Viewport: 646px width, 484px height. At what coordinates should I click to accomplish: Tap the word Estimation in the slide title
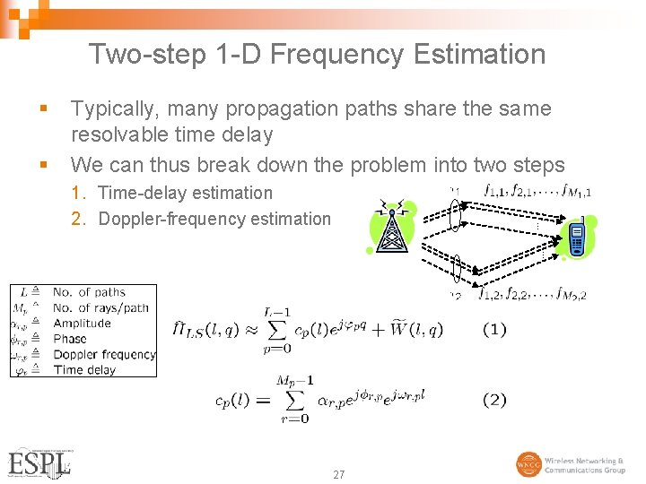479,55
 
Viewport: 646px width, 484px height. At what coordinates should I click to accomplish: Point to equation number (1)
494,330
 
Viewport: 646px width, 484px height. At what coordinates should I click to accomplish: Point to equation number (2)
494,400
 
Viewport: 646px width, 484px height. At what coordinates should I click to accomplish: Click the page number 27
338,474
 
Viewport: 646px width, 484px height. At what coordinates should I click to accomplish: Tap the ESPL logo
39,462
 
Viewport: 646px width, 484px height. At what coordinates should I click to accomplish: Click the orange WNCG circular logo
528,464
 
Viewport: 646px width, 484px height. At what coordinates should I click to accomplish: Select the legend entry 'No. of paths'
89,292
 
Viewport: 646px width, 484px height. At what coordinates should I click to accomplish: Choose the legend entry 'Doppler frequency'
104,354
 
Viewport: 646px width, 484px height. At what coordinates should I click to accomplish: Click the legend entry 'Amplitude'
82,324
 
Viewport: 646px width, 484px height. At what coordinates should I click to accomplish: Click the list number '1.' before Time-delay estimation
79,193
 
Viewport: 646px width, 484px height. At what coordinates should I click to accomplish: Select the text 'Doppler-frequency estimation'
214,219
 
